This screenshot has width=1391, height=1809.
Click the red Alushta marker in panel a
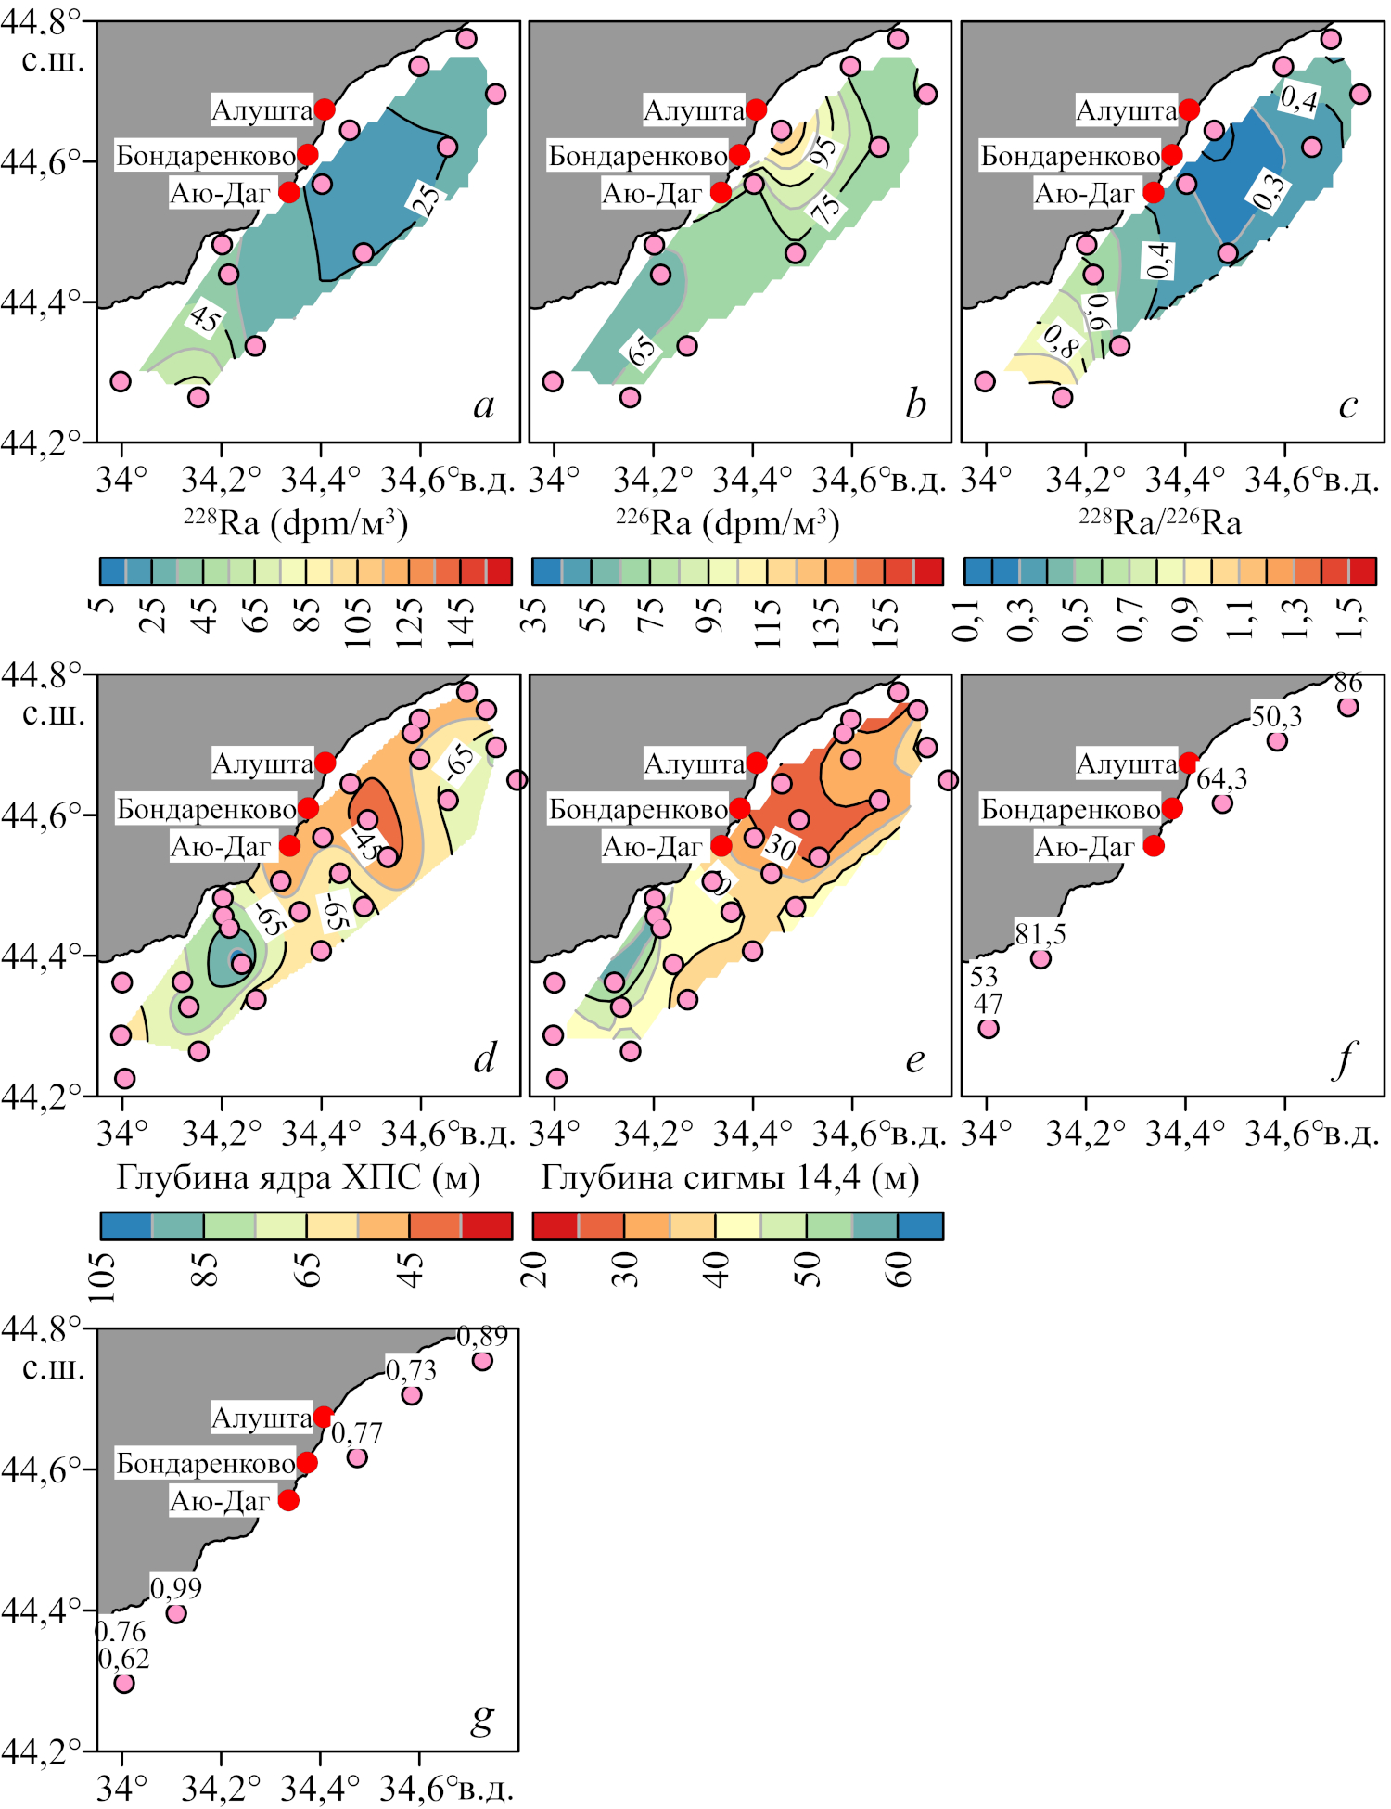pyautogui.click(x=325, y=109)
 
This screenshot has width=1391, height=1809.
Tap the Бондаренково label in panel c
pyautogui.click(x=1070, y=156)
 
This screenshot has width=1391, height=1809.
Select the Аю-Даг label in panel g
pyautogui.click(x=220, y=1501)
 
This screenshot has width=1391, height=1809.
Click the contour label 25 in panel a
pyautogui.click(x=426, y=199)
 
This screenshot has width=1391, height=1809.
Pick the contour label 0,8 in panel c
pyautogui.click(x=1061, y=340)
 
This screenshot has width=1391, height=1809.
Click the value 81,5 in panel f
pyautogui.click(x=1040, y=933)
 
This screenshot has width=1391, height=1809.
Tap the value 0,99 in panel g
pyautogui.click(x=176, y=1588)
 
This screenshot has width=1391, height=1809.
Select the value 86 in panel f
pyautogui.click(x=1348, y=684)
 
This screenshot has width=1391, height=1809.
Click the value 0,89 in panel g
pyautogui.click(x=482, y=1337)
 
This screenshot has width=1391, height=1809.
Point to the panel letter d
pyautogui.click(x=484, y=1058)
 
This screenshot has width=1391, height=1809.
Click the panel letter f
pyautogui.click(x=1345, y=1058)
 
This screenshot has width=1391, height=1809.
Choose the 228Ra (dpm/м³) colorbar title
pyautogui.click(x=296, y=523)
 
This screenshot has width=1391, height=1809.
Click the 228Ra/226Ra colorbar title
pyautogui.click(x=1160, y=523)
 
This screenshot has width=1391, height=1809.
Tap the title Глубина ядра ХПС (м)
pyautogui.click(x=299, y=1177)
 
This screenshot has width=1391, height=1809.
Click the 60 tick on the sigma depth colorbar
pyautogui.click(x=899, y=1267)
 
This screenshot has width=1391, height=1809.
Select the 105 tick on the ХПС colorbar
pyautogui.click(x=103, y=1277)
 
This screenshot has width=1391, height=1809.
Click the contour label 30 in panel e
pyautogui.click(x=780, y=845)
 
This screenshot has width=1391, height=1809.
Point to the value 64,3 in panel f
pyautogui.click(x=1221, y=778)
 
